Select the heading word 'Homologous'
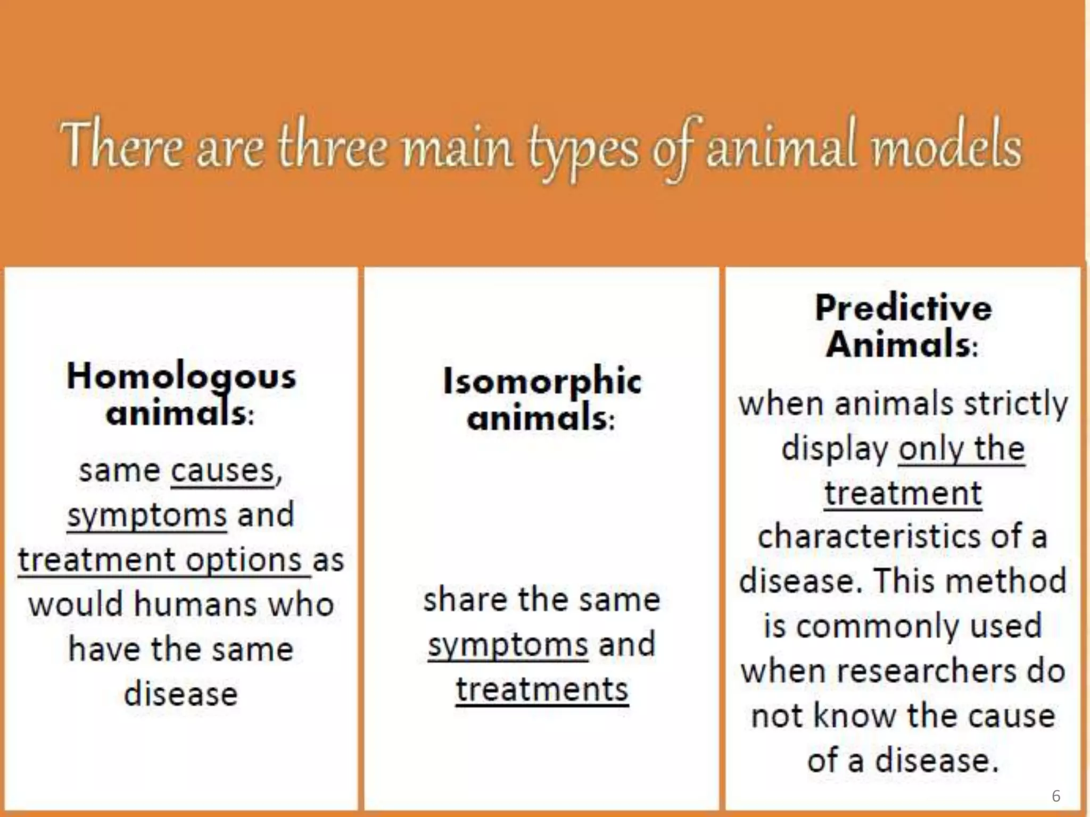coord(181,377)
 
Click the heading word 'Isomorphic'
coord(542,382)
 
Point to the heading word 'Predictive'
coord(903,308)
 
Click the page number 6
coord(1056,796)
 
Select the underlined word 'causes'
coord(222,471)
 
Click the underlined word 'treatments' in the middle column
coord(542,690)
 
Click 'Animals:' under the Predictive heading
coord(902,345)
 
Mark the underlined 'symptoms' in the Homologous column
coord(147,515)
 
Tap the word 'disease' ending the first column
coord(181,695)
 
